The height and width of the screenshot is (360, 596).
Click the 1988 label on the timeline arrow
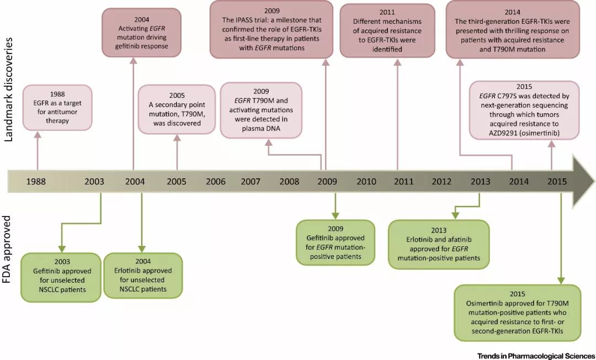(x=35, y=182)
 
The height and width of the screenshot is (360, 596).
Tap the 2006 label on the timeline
(x=215, y=182)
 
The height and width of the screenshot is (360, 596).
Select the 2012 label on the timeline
(x=441, y=182)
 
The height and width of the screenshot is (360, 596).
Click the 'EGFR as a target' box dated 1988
(x=57, y=107)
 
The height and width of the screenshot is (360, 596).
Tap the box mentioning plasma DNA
(x=260, y=110)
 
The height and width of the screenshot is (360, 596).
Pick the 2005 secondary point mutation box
(x=177, y=109)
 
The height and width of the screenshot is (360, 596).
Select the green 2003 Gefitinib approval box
(x=61, y=274)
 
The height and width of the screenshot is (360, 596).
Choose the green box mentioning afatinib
(x=439, y=244)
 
